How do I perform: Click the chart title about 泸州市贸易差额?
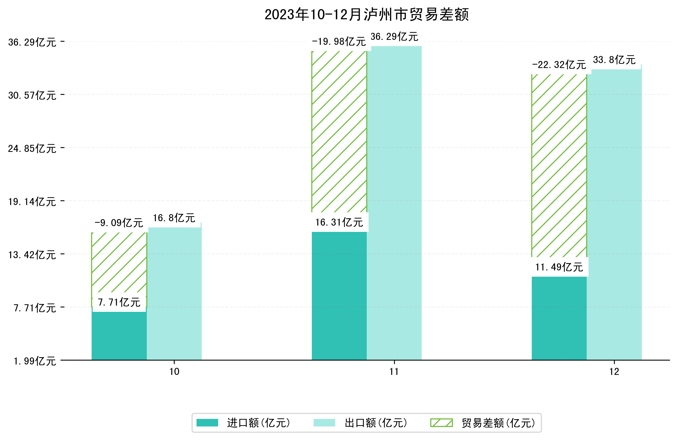tap(366, 15)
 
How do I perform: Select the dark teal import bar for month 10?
tap(119, 336)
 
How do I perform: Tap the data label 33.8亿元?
tap(614, 60)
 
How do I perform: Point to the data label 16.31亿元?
tap(339, 222)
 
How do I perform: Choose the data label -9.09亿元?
tap(119, 223)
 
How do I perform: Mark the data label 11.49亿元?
tap(559, 267)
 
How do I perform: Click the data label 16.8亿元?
tap(174, 218)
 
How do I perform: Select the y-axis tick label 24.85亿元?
tap(32, 149)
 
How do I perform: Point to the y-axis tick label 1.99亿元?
tap(35, 361)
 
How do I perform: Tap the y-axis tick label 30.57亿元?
tap(32, 95)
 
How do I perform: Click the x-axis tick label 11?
tap(394, 372)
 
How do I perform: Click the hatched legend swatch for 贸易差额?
tap(441, 423)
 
